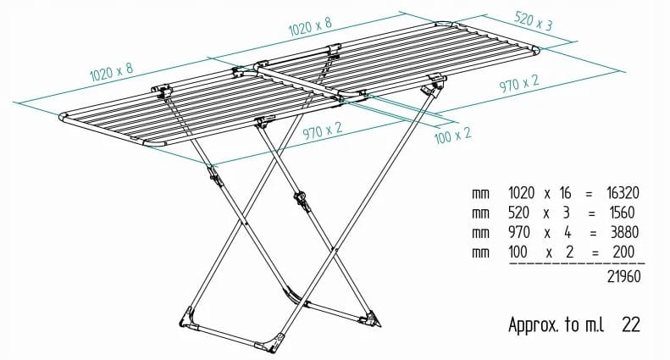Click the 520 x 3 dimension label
(x=534, y=21)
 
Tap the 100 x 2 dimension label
(x=453, y=136)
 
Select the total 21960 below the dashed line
(x=624, y=277)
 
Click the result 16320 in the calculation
(x=623, y=193)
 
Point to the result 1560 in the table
(x=623, y=213)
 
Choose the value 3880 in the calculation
(x=624, y=233)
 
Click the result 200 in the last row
(x=623, y=252)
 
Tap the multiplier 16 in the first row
(x=565, y=193)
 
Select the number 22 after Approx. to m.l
(x=631, y=325)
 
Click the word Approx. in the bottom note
(x=534, y=326)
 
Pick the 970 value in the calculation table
(x=518, y=233)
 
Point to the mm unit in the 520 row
(x=480, y=213)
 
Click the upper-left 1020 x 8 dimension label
(x=112, y=72)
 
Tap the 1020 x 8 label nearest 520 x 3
(x=310, y=27)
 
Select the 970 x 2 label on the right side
(x=519, y=84)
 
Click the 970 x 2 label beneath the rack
(x=323, y=130)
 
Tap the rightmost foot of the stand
(x=370, y=318)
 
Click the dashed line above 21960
(x=577, y=263)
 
